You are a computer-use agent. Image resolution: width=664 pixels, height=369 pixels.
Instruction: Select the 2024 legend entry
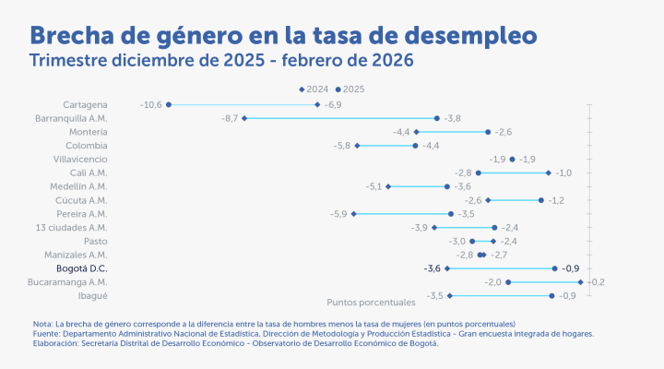(x=314, y=89)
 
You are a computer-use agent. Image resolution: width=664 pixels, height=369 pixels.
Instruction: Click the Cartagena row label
(x=86, y=105)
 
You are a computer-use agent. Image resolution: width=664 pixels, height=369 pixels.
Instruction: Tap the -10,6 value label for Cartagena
(x=150, y=105)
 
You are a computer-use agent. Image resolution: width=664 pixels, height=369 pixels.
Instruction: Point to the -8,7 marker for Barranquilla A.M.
(x=244, y=118)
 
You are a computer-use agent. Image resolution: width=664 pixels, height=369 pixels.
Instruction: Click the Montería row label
(x=89, y=132)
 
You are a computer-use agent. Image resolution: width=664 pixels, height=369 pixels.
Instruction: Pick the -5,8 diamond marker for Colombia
(x=357, y=146)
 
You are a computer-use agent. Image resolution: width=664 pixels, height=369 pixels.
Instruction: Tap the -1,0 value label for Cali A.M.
(x=563, y=173)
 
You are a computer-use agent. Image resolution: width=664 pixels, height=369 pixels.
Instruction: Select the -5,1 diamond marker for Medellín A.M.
(x=388, y=186)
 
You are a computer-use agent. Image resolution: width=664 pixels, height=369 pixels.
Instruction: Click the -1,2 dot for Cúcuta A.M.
(x=541, y=200)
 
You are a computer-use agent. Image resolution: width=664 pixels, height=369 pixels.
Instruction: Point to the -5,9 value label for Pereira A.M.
(x=338, y=214)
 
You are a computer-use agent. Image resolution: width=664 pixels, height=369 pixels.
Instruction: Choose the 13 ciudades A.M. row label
(x=71, y=227)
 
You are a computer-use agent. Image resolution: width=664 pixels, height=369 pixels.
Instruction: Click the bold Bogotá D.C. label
(x=80, y=268)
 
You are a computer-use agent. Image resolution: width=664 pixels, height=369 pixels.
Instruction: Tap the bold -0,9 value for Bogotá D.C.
(x=571, y=268)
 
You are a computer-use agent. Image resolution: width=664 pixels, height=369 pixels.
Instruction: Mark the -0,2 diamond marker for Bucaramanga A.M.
(x=580, y=282)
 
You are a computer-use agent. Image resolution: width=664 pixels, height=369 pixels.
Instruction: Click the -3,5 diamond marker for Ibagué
(x=449, y=295)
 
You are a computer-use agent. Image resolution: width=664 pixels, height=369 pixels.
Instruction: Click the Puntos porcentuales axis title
(x=372, y=303)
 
